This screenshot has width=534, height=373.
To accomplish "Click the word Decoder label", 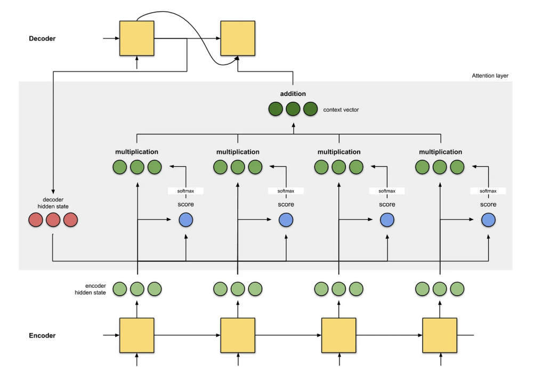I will (x=42, y=38).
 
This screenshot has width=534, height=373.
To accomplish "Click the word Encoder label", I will (x=42, y=336).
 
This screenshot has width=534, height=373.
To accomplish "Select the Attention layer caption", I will (x=490, y=76).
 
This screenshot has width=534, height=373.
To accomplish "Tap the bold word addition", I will (x=293, y=94).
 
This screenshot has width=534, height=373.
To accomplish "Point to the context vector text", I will (x=341, y=110).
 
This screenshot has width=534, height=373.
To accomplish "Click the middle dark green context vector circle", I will (x=293, y=109).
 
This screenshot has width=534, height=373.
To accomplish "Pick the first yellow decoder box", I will (x=137, y=38).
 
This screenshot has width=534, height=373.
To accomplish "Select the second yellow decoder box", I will (x=238, y=38).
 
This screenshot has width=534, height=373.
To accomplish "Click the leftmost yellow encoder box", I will (x=137, y=336).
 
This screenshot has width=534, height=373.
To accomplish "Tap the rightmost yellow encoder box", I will (x=440, y=336).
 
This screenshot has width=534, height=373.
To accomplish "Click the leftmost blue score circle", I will (x=185, y=220).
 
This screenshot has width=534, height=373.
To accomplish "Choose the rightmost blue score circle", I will (x=488, y=220).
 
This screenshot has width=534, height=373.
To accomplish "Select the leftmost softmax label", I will (x=185, y=191).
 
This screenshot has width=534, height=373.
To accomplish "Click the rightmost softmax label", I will (x=488, y=191).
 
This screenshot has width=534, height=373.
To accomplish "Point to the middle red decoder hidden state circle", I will (x=53, y=220).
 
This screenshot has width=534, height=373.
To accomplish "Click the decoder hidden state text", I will (x=53, y=202).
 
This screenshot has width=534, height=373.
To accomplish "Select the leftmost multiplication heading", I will (x=137, y=152).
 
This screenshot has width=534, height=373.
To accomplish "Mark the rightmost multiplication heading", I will (x=440, y=152).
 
